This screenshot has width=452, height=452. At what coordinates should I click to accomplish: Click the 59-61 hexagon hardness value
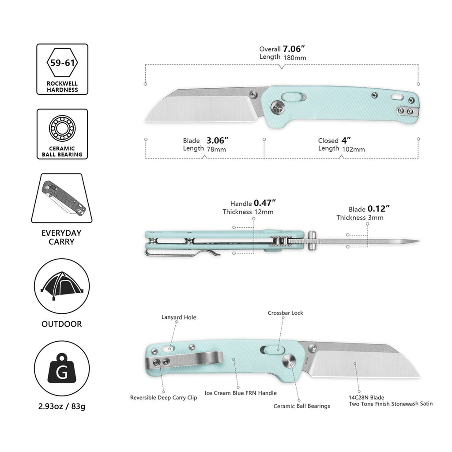pos(62,63)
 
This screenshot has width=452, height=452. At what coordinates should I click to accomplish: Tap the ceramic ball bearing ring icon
pos(62,128)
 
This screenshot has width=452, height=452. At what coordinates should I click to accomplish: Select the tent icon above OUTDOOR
pos(62,286)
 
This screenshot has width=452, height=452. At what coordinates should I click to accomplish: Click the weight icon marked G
pos(62,368)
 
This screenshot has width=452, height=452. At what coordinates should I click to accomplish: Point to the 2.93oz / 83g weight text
pos(62,406)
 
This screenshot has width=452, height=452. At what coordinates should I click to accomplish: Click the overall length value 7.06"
pos(294,49)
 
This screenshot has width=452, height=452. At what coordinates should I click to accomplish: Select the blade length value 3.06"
pos(217,140)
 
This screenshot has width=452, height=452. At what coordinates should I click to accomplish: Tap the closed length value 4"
pos(346,140)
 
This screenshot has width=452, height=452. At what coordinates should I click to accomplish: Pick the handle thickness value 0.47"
pos(265,203)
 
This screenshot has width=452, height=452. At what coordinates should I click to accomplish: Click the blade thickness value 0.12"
pos(378,209)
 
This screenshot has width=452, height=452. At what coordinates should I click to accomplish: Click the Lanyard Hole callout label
pos(179,317)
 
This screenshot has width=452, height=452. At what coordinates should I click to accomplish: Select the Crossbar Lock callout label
pos(286,313)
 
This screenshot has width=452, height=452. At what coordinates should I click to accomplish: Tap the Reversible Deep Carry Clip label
pos(163,398)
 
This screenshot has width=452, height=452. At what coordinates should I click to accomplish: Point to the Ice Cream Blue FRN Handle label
pos(241,393)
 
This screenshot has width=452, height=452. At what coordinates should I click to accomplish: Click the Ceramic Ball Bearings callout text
pos(302,406)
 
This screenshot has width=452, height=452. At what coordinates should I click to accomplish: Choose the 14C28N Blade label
pos(366,397)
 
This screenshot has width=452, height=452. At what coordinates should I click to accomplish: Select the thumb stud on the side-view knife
pos(312,241)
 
